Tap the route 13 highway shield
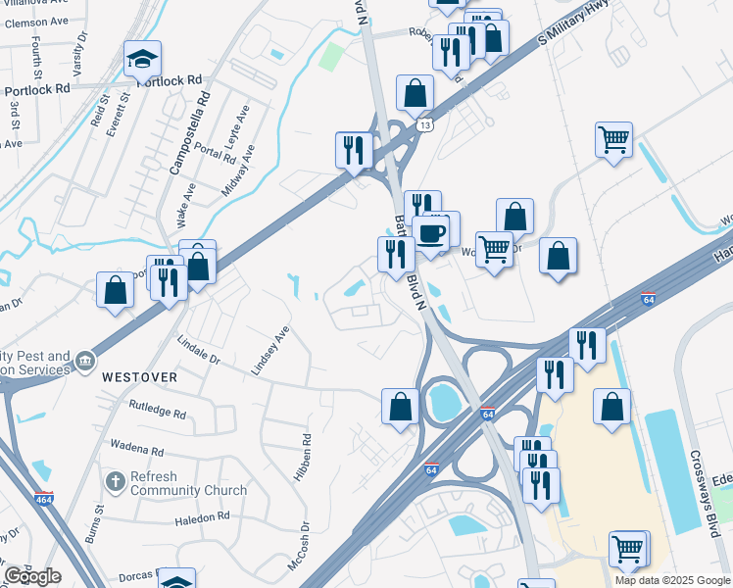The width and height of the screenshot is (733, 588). tap(424, 124)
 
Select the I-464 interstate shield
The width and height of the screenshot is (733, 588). tap(43, 499)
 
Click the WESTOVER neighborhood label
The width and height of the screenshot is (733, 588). tap(139, 376)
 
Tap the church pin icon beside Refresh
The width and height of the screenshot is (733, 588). tap(114, 482)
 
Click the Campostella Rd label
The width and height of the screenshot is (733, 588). tap(190, 133)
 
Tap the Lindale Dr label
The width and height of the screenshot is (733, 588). tap(199, 351)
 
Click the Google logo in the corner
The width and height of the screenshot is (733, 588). tap(32, 575)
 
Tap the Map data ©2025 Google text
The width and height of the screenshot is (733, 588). tap(672, 580)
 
